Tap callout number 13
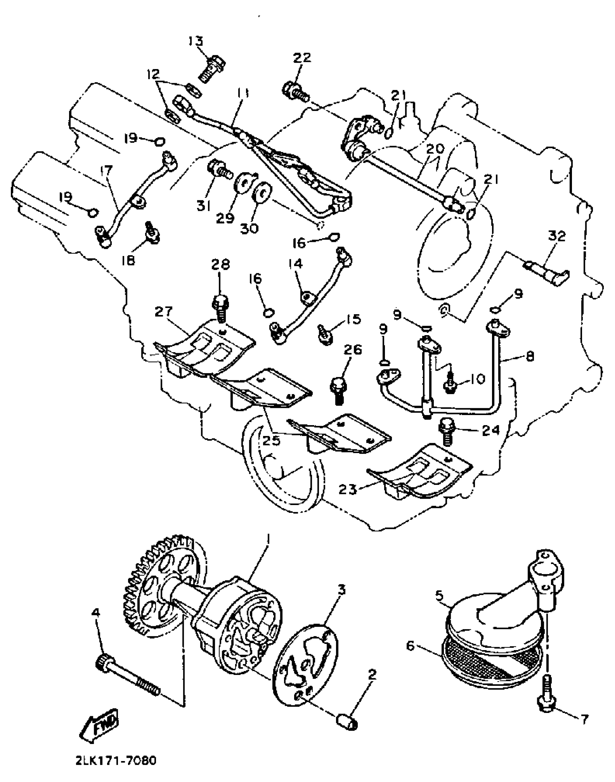(196, 41)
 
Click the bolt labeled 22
(295, 91)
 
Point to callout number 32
(557, 236)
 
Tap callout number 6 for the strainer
(410, 645)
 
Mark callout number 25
(272, 440)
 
